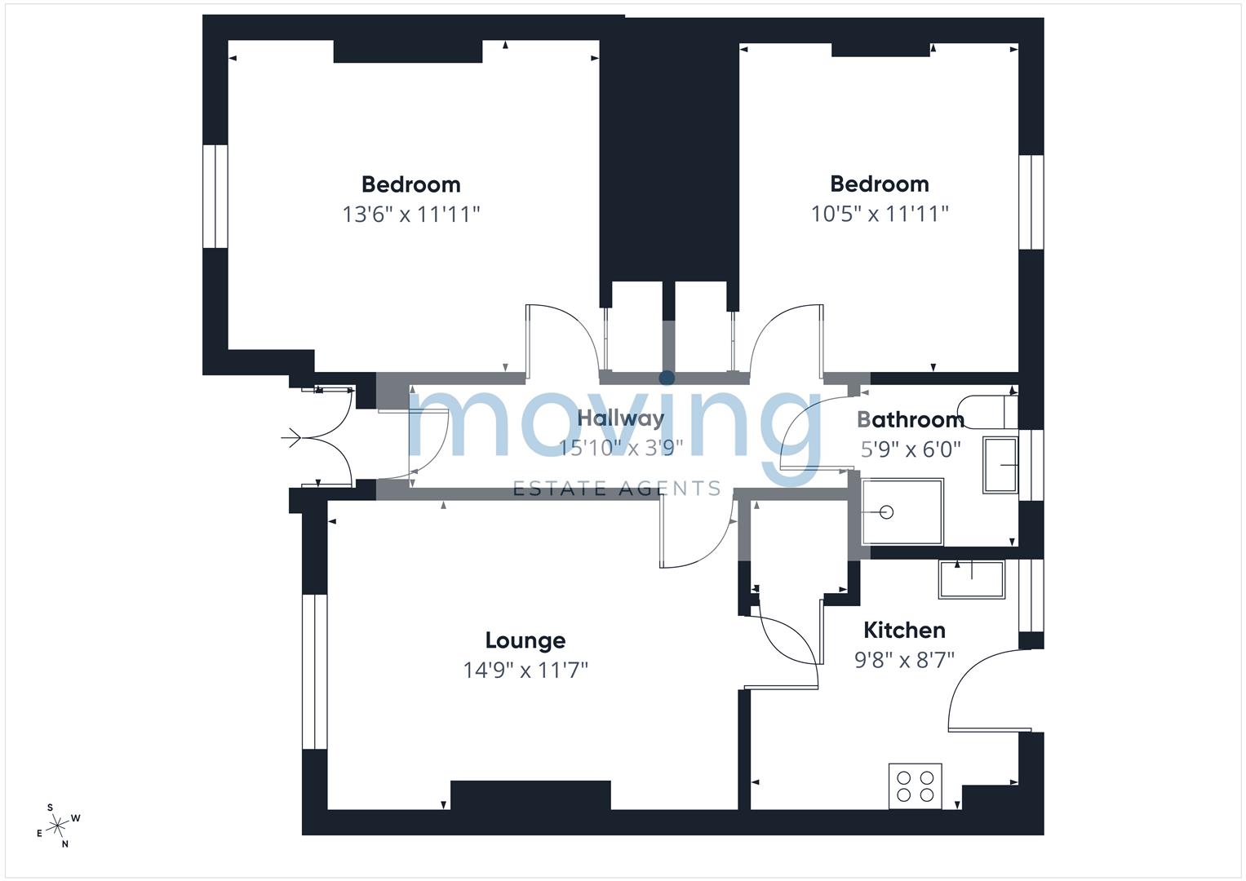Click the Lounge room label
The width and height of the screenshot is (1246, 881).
pyautogui.click(x=525, y=640)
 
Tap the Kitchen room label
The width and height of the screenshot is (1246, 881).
pyautogui.click(x=904, y=630)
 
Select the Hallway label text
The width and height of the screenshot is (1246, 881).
pyautogui.click(x=620, y=418)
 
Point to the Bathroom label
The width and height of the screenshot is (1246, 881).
pyautogui.click(x=911, y=420)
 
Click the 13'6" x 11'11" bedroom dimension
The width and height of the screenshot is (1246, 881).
pyautogui.click(x=410, y=215)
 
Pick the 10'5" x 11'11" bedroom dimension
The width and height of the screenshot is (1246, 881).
pyautogui.click(x=880, y=214)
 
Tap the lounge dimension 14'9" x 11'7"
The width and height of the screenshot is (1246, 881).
pyautogui.click(x=525, y=671)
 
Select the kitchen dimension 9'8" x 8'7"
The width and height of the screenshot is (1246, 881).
pyautogui.click(x=904, y=659)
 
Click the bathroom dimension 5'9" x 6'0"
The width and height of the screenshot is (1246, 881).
pyautogui.click(x=911, y=449)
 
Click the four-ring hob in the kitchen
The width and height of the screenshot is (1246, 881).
pyautogui.click(x=915, y=786)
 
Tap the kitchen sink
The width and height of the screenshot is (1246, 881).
pyautogui.click(x=971, y=579)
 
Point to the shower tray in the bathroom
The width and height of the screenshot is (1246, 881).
pyautogui.click(x=901, y=512)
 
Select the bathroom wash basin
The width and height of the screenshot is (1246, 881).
pyautogui.click(x=1000, y=465)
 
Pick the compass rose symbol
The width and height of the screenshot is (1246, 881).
pyautogui.click(x=58, y=826)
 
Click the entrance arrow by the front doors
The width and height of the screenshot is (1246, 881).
pyautogui.click(x=291, y=440)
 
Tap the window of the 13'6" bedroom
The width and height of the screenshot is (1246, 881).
pyautogui.click(x=215, y=196)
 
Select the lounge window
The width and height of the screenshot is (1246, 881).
pyautogui.click(x=314, y=671)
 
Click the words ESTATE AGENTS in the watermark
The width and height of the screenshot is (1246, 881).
pyautogui.click(x=616, y=489)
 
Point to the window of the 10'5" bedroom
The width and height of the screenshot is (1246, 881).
pyautogui.click(x=1031, y=201)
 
